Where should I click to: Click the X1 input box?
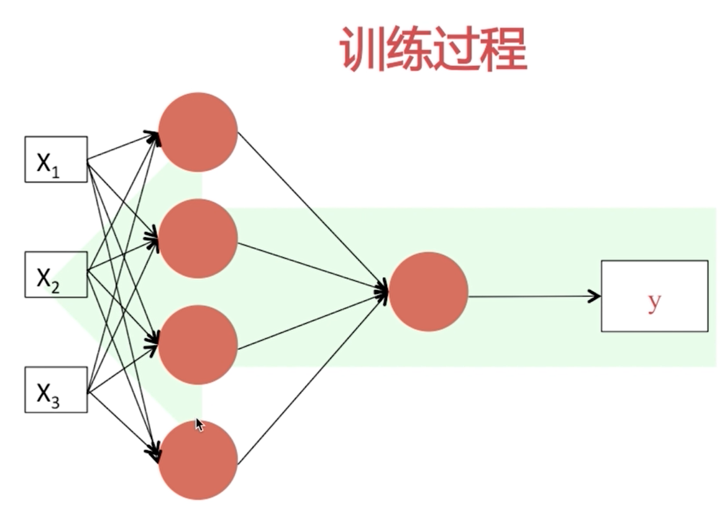[x=56, y=159]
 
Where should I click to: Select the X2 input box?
[x=56, y=274]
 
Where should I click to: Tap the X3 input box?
[x=56, y=389]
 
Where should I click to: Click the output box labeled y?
[x=654, y=296]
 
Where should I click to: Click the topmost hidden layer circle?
[x=198, y=132]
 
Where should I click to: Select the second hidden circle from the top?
[x=198, y=238]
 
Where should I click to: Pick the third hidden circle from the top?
[x=198, y=345]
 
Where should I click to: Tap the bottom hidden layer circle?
[x=198, y=460]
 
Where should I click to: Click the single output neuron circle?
[x=428, y=291]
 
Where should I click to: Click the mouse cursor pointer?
[x=199, y=424]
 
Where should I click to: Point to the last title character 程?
[x=504, y=50]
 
